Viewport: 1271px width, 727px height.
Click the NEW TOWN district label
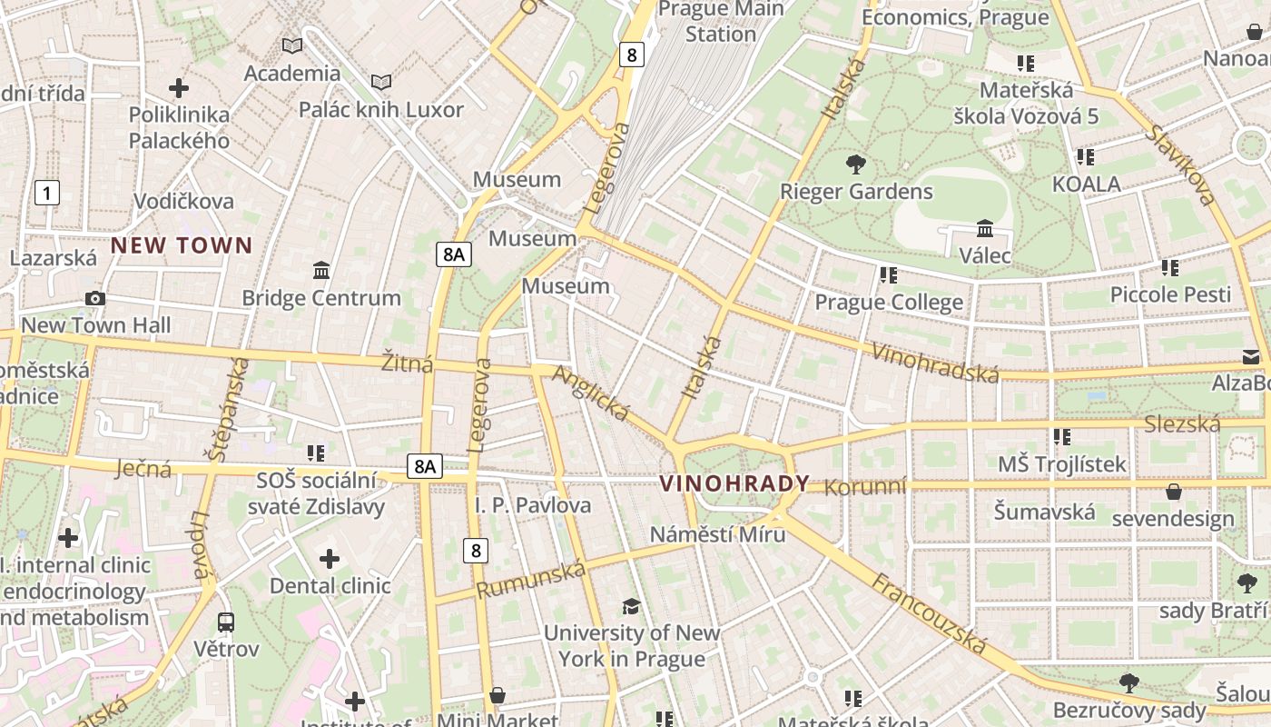pyautogui.click(x=182, y=245)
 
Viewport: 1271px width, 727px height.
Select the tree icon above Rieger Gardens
pyautogui.click(x=855, y=164)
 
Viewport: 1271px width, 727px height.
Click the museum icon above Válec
pyautogui.click(x=985, y=228)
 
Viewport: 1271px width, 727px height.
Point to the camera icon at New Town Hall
pyautogui.click(x=94, y=298)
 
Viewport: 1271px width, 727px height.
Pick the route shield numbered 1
pyautogui.click(x=46, y=193)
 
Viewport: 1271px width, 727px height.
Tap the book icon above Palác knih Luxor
pyautogui.click(x=381, y=83)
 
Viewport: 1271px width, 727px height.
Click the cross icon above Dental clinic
pyautogui.click(x=330, y=559)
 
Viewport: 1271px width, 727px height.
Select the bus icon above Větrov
pyautogui.click(x=226, y=622)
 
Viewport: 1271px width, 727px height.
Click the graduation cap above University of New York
pyautogui.click(x=631, y=606)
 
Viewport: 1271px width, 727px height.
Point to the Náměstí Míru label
pyautogui.click(x=717, y=534)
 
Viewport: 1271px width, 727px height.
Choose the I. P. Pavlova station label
pyautogui.click(x=533, y=505)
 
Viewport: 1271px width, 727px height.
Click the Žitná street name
pyautogui.click(x=407, y=363)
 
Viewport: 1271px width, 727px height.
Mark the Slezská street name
pyautogui.click(x=1182, y=424)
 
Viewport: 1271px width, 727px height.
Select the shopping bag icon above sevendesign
pyautogui.click(x=1173, y=492)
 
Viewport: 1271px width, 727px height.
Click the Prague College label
pyautogui.click(x=889, y=302)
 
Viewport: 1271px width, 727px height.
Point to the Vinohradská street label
pyautogui.click(x=934, y=363)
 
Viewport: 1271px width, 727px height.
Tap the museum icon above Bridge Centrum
pyautogui.click(x=320, y=271)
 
